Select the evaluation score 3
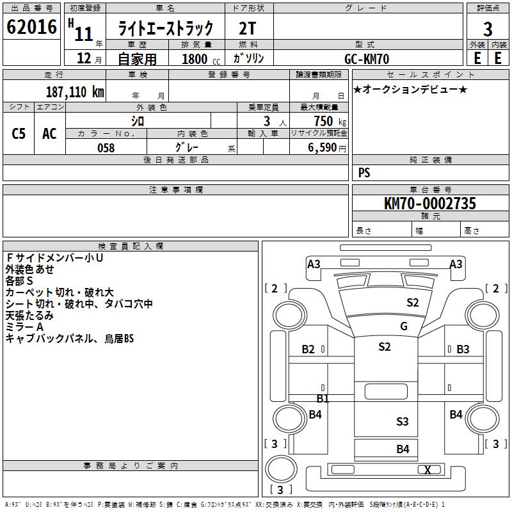488,29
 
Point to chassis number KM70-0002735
429,204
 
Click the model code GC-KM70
367,58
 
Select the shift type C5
19,134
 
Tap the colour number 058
106,148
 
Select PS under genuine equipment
364,172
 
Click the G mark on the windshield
404,326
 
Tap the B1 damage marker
323,399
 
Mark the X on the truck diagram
428,470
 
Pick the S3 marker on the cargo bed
402,421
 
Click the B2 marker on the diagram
308,349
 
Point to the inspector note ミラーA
24,327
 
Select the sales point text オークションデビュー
410,89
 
